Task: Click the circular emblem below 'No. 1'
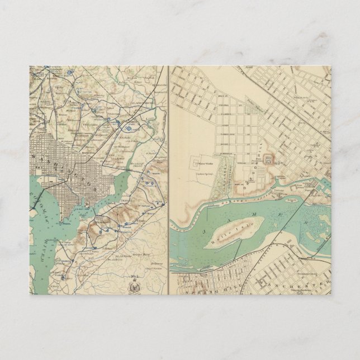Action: (134, 287)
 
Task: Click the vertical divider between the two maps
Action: (168, 179)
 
